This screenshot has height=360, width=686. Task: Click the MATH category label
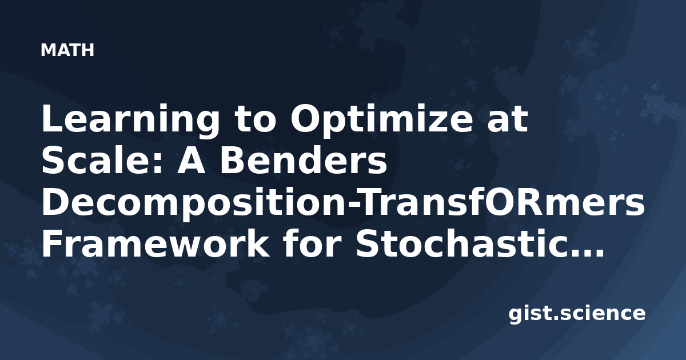pos(67,50)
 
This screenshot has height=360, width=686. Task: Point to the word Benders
pos(304,161)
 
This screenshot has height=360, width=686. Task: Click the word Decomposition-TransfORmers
pos(344,203)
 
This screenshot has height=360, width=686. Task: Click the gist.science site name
pos(577,314)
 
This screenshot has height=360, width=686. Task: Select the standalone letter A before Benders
pos(192,161)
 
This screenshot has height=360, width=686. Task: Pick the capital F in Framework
pos(52,244)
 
